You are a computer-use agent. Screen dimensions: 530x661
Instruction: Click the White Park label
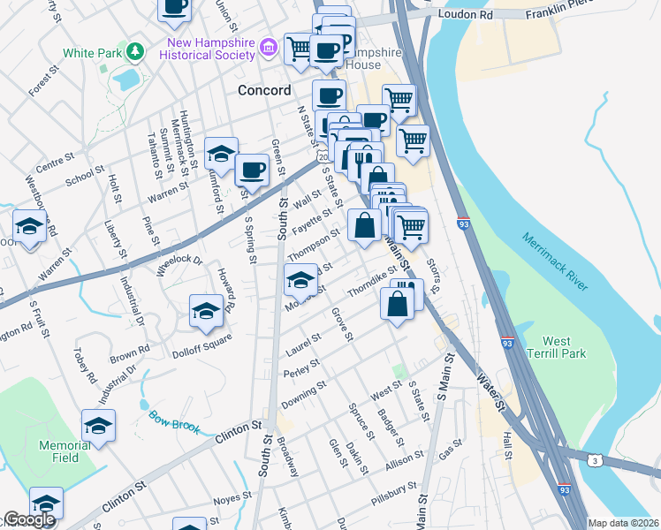coord(97,53)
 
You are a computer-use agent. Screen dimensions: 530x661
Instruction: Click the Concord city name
coord(264,91)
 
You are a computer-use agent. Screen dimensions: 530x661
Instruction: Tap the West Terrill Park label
coord(563,347)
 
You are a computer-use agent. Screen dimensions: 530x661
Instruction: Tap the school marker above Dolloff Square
coord(206,310)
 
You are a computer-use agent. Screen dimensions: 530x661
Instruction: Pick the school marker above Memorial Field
coord(98,425)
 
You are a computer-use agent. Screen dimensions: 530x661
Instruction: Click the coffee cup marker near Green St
coord(252,169)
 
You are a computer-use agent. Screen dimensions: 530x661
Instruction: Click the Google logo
coord(28,520)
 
